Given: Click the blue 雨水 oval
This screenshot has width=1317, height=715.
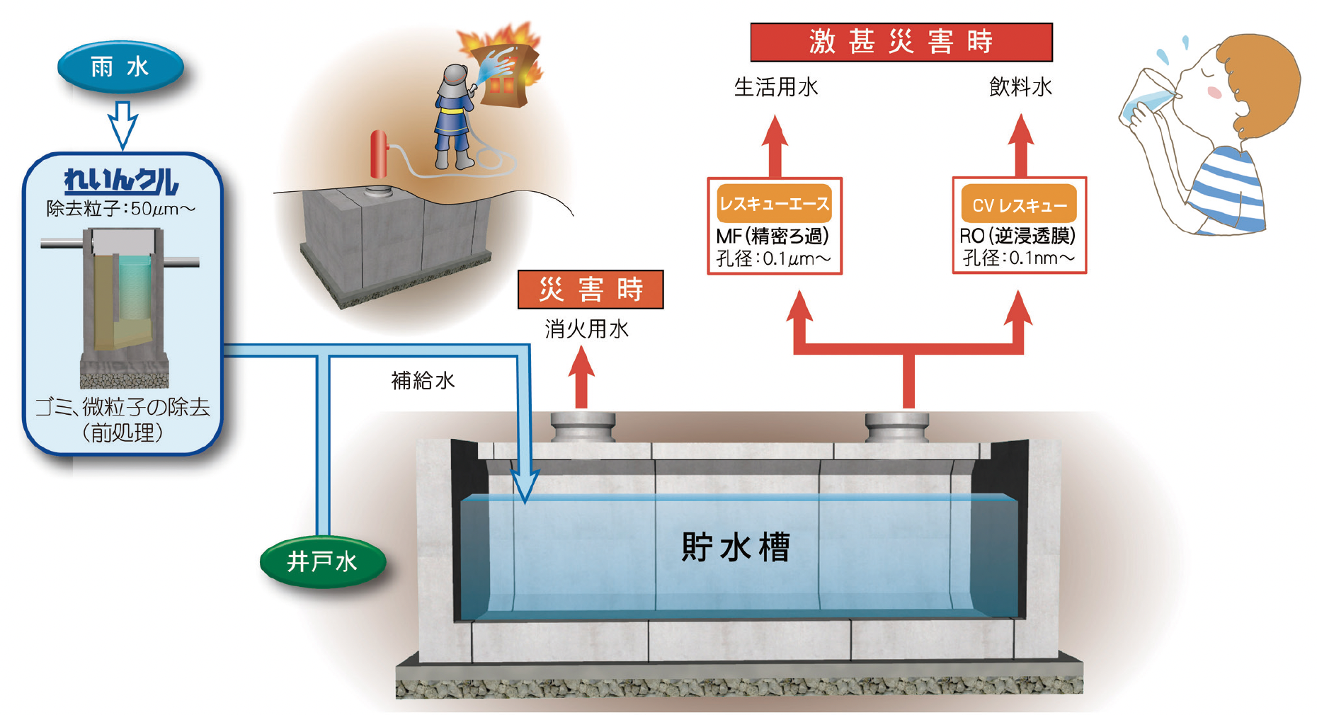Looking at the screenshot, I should pos(120,67).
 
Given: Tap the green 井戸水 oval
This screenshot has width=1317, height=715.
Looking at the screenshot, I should pos(322,561).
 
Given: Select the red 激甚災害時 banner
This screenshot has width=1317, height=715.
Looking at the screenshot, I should pos(901,42).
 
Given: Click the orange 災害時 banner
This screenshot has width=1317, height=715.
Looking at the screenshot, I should pos(591,290).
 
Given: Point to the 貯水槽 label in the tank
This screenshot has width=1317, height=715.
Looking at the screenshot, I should pos(735,547).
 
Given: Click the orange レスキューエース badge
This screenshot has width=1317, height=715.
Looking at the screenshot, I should pos(774,204).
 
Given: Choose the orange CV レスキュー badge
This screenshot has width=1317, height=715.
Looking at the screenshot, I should pos(1019,205).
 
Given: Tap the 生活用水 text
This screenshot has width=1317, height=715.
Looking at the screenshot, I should pos(776,87).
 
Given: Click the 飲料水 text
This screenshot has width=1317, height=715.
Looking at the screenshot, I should pos(1020,87).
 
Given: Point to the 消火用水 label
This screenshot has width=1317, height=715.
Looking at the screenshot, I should pos(586,329).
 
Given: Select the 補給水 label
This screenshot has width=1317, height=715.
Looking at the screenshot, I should pos(423,381).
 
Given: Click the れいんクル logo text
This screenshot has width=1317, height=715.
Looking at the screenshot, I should pos(121,181).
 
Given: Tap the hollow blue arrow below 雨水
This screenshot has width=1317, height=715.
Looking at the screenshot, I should pos(122,124).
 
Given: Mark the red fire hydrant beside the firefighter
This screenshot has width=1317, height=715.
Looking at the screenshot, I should pos(380,153).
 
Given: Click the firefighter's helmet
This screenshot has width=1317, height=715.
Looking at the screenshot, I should pos(454,79).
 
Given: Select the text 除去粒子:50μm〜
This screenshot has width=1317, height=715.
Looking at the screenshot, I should pos(121,209).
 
